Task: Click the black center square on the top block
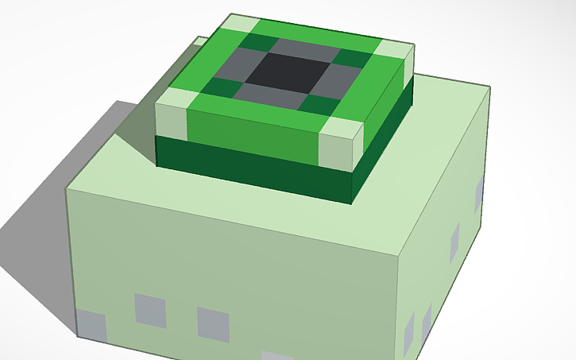pyautogui.click(x=285, y=74)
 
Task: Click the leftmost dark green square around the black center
pyautogui.click(x=216, y=87)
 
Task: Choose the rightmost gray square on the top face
pyautogui.click(x=337, y=79)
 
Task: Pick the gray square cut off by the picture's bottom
pyautogui.click(x=277, y=355)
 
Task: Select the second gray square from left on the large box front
pyautogui.click(x=151, y=310)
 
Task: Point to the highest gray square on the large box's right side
pyautogui.click(x=479, y=195)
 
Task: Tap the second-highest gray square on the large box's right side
pyautogui.click(x=454, y=242)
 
